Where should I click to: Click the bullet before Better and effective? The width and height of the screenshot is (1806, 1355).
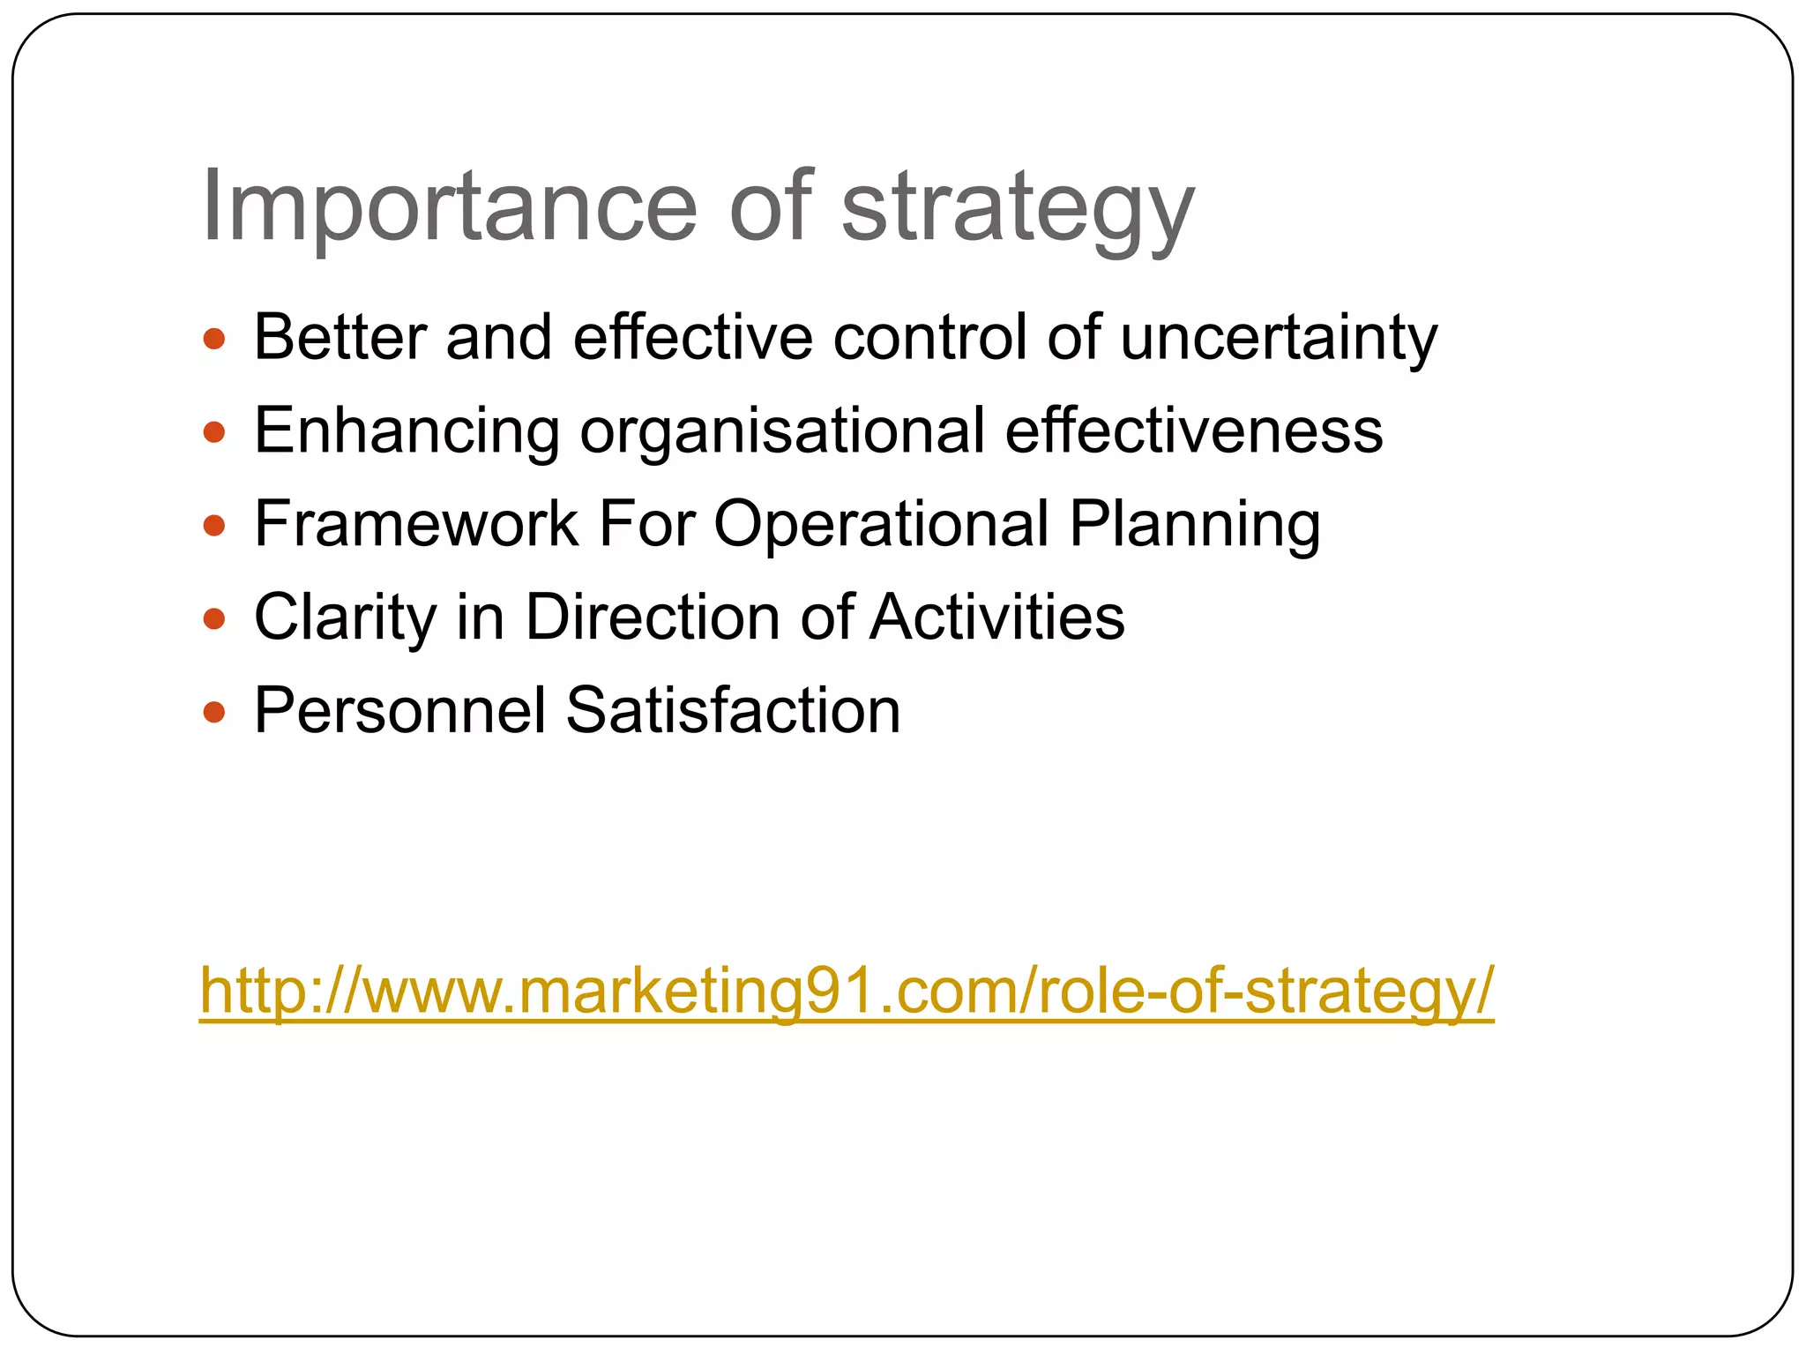point(214,339)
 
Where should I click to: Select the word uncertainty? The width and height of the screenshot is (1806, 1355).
point(1279,339)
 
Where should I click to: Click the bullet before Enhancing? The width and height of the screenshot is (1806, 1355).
point(214,432)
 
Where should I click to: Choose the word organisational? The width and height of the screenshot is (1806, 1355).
point(782,432)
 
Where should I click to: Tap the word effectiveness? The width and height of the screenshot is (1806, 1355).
point(1194,432)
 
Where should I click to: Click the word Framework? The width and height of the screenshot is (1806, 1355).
point(415,525)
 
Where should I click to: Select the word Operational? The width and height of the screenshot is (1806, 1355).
point(881,525)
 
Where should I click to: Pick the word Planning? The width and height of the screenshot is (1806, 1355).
point(1195,525)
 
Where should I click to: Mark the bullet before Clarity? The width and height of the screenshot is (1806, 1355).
point(214,618)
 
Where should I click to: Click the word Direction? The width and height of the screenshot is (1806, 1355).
point(653,618)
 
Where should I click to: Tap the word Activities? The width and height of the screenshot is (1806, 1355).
point(997,618)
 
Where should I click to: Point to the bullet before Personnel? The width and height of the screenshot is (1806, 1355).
point(214,712)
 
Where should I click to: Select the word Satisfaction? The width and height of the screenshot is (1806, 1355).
point(733,712)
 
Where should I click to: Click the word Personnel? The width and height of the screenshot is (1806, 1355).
point(400,712)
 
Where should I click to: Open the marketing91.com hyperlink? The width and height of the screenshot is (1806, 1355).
point(847,992)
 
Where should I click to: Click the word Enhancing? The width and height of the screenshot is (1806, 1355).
point(407,432)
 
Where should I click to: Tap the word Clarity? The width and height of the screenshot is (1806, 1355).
point(345,618)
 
